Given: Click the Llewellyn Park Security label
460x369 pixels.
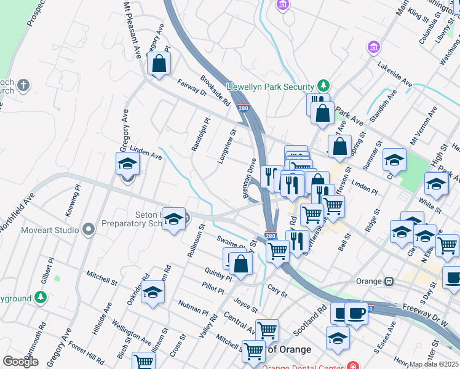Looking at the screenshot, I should tap(271, 85).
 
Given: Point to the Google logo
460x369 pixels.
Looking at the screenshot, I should tap(20, 362).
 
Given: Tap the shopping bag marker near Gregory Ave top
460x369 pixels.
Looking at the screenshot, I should tap(159, 64).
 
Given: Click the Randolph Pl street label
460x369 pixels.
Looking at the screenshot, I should tap(197, 135).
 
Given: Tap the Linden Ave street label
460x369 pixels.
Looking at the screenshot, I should tap(145, 154).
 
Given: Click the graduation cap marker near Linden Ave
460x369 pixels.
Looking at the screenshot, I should tap(127, 164).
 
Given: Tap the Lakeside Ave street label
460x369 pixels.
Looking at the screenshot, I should tap(395, 73).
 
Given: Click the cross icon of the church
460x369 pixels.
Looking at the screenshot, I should tap(23, 85).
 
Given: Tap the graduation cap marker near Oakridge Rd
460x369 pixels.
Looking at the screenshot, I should tap(153, 292).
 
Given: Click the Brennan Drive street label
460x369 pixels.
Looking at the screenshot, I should tap(248, 178).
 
